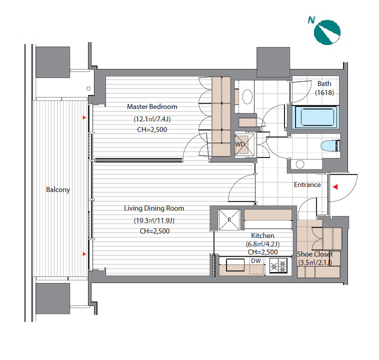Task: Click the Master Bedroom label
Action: (x=152, y=106)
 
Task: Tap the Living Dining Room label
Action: (x=154, y=208)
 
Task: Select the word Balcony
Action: (x=58, y=190)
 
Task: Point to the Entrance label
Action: (x=307, y=184)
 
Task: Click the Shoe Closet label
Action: (x=315, y=254)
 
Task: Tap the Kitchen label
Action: (x=262, y=235)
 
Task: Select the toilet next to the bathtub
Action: (x=330, y=146)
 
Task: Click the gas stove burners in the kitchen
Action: (x=278, y=265)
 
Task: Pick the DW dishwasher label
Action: (x=255, y=260)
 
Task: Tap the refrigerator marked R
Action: (x=229, y=220)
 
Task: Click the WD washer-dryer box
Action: (x=244, y=144)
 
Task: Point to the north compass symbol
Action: (x=327, y=32)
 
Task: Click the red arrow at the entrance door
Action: (x=335, y=187)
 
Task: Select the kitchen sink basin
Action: (x=235, y=265)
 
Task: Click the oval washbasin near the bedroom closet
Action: (x=247, y=96)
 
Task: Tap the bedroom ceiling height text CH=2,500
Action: (x=152, y=129)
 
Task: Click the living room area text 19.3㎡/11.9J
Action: (x=154, y=220)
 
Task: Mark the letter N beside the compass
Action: (x=311, y=20)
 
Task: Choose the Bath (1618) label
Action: (x=324, y=88)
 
